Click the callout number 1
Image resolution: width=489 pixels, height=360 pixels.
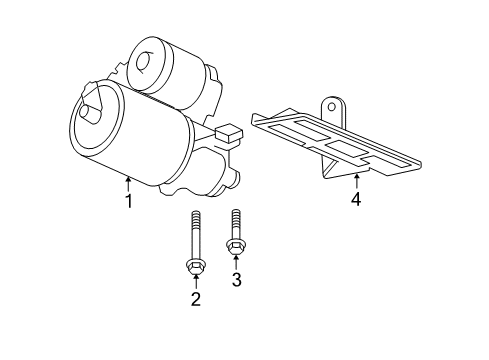pos(128,202)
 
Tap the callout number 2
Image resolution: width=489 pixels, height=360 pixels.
pos(196,298)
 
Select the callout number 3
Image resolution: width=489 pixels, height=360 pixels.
pos(237,279)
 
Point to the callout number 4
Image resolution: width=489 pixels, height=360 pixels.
pos(355,199)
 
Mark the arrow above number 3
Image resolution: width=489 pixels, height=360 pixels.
pos(237,261)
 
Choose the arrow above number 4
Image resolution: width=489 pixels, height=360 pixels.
pos(355,180)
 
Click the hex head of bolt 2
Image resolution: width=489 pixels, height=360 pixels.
pos(196,265)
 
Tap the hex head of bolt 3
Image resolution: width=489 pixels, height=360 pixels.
pos(237,247)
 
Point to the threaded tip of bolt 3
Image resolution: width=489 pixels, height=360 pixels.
pos(236,214)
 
